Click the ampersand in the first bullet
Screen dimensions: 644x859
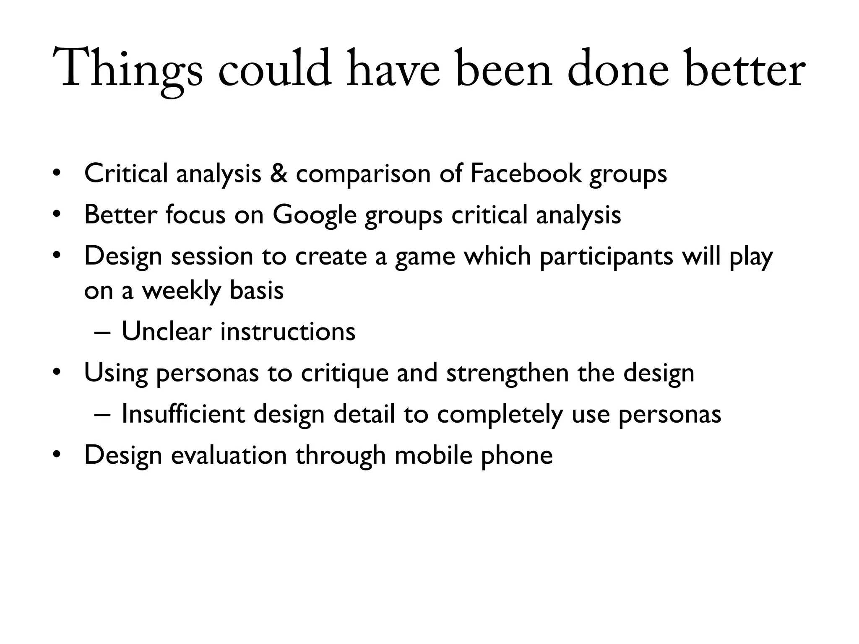pos(279,173)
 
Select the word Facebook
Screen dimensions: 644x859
pos(526,173)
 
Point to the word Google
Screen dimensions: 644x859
pos(314,214)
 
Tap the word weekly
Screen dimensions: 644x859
pos(181,290)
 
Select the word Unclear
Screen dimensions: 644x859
pos(166,331)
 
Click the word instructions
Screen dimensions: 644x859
pos(288,331)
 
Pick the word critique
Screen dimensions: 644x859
pos(345,373)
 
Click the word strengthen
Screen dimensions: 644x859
pos(507,373)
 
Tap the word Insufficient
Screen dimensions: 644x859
pos(183,414)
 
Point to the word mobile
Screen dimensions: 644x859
pos(433,455)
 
